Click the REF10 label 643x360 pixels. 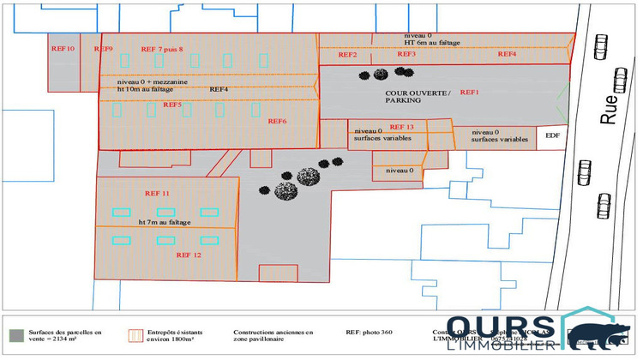coord(63,49)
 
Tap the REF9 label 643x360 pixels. coord(104,49)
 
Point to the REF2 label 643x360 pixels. coord(347,55)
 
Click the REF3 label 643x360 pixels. coord(406,54)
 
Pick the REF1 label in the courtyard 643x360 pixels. coord(471,91)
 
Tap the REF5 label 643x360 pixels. coord(171,105)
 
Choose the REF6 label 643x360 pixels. coord(277,121)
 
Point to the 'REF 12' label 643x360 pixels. coord(189,255)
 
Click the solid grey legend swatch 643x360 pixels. coord(15,334)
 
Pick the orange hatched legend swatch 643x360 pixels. coord(133,334)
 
